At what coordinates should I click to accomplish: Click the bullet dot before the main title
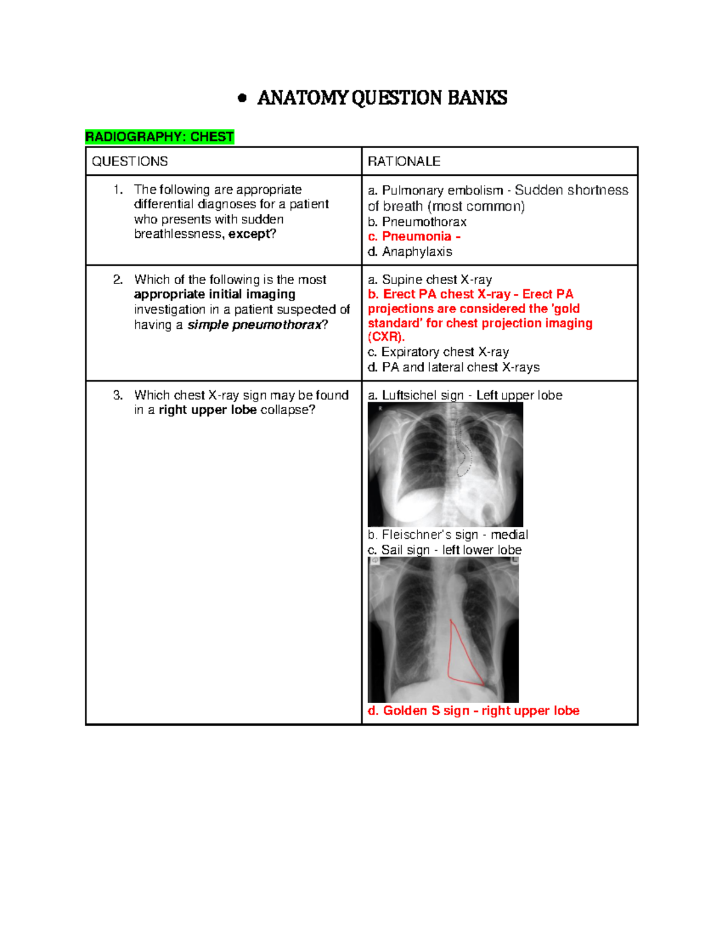(x=242, y=98)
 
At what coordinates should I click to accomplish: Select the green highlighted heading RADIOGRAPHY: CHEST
(x=159, y=137)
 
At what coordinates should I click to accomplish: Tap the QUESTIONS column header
(x=130, y=161)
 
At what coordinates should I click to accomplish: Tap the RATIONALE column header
(x=404, y=161)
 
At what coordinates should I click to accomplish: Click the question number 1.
(x=118, y=190)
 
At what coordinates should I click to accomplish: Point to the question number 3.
(x=118, y=396)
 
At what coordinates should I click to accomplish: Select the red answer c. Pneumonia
(x=414, y=237)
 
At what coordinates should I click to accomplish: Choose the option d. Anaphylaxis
(x=410, y=252)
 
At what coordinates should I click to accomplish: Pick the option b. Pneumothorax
(x=417, y=222)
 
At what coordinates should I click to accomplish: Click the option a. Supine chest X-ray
(x=430, y=280)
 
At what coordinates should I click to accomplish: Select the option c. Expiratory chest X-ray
(x=438, y=352)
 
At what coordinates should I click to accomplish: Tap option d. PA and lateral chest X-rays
(x=454, y=367)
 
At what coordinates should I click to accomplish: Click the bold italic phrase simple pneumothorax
(x=255, y=325)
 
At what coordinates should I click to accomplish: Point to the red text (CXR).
(x=386, y=337)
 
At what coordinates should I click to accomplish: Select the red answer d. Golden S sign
(x=473, y=711)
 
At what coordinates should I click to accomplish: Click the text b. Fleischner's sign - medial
(x=448, y=535)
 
